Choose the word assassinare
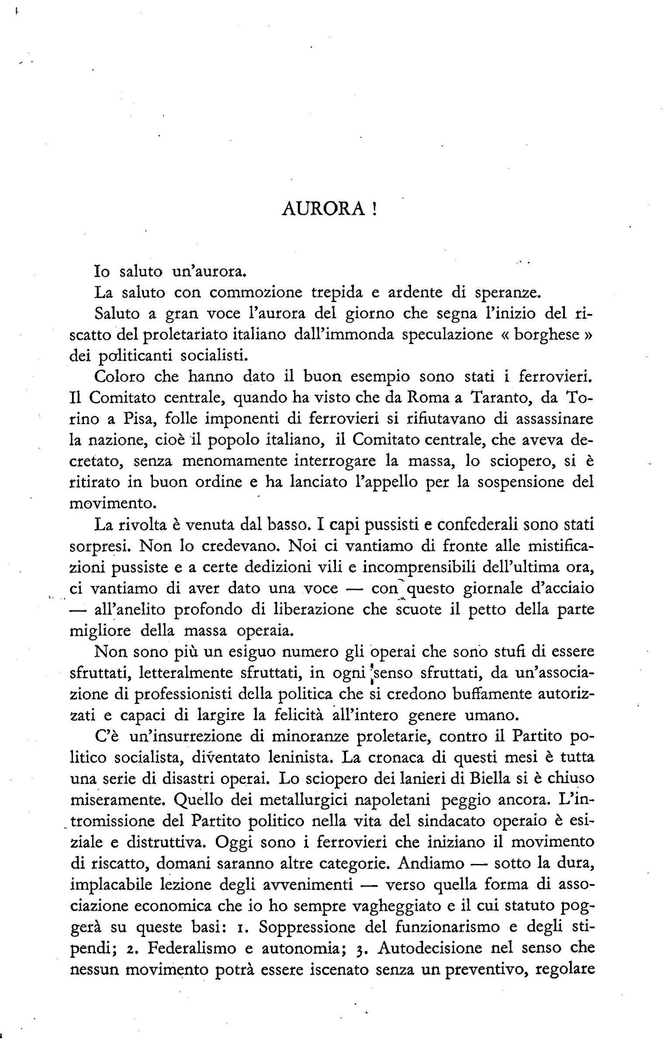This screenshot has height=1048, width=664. click(555, 419)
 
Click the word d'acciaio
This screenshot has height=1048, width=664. click(564, 588)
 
